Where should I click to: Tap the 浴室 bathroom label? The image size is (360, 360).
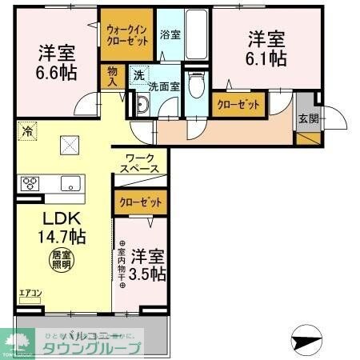[170, 34]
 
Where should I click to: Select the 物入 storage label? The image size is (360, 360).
[112, 76]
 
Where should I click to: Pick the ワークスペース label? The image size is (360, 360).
[139, 163]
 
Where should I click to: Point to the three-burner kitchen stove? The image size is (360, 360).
[30, 182]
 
